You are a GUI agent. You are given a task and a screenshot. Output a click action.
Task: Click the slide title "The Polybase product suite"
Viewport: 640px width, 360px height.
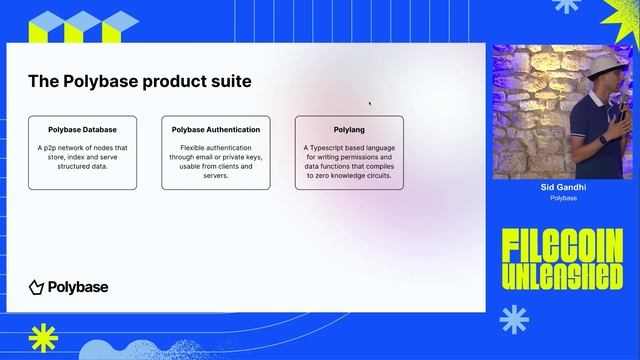[x=139, y=81]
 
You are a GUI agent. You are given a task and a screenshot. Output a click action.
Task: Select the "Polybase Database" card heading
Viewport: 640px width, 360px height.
[x=83, y=130]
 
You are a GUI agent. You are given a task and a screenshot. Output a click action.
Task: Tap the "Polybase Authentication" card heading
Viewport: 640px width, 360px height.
[x=216, y=130]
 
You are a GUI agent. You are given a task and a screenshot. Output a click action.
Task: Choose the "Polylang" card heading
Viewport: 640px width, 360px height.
[x=349, y=130]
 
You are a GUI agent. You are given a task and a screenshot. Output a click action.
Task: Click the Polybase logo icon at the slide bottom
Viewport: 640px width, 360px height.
[x=36, y=288]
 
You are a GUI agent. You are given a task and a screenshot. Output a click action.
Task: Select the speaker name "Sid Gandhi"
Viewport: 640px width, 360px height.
[x=564, y=187]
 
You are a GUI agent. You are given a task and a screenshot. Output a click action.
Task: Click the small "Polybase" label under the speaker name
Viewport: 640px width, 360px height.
[x=564, y=198]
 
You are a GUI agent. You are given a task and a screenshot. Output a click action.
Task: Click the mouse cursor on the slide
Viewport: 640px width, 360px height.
[x=370, y=102]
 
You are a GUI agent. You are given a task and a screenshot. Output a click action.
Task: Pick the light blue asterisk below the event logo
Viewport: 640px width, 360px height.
[x=513, y=319]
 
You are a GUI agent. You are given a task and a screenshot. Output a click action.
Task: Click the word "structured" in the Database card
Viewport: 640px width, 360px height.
[x=64, y=166]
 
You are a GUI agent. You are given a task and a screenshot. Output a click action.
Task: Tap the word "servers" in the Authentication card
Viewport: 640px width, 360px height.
[x=216, y=175]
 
